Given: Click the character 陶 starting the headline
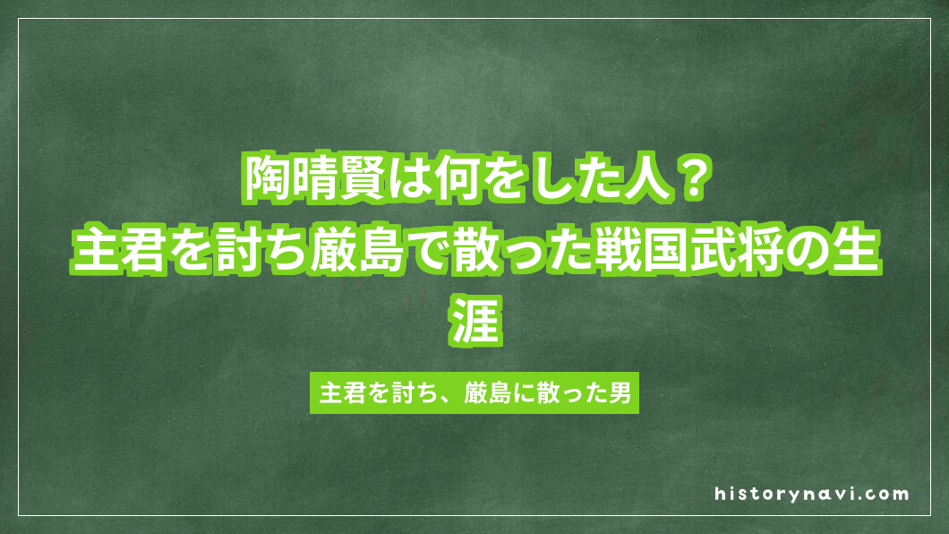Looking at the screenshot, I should click(268, 179).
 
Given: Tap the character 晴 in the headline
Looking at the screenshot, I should click(318, 179).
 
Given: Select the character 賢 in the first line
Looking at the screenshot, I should click(368, 179).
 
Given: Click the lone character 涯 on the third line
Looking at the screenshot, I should click(474, 325).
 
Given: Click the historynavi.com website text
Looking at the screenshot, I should click(812, 494).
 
